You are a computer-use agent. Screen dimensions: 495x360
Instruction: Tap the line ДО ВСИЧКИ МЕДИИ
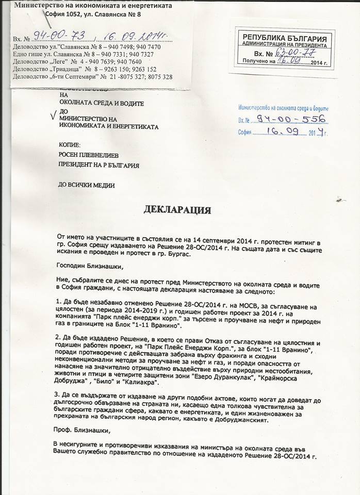tap(86, 184)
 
